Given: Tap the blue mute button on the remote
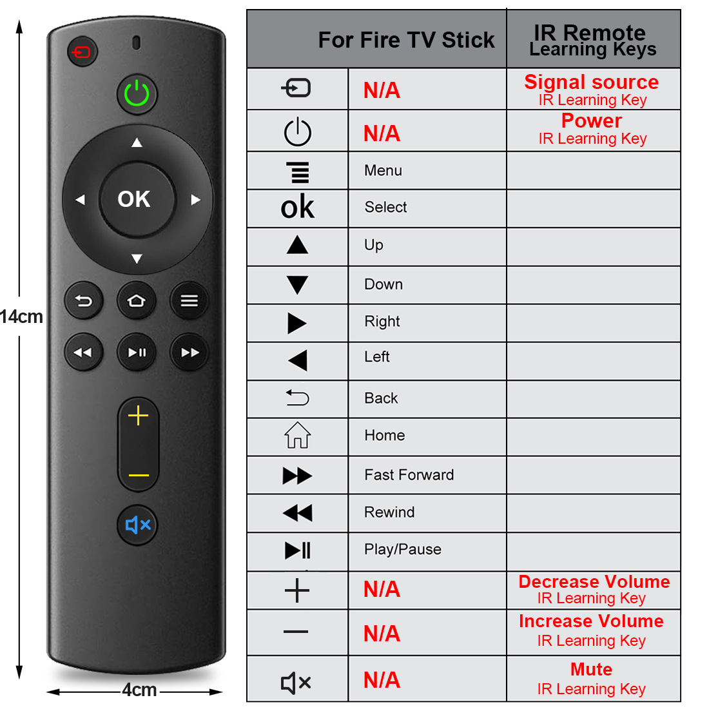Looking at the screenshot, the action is click(137, 525).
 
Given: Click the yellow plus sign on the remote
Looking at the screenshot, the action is click(139, 416).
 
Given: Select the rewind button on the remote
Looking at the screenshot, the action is click(83, 352).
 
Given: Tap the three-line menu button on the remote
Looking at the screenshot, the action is click(189, 301).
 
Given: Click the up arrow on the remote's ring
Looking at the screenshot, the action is click(137, 143).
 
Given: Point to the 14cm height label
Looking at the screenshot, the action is click(22, 316).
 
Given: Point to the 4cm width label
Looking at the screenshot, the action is click(139, 690).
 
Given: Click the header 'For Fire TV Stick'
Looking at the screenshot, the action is click(406, 40).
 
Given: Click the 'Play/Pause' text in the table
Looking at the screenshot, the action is click(402, 549).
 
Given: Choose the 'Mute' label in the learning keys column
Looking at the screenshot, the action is click(591, 669).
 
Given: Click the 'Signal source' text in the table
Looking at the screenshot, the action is click(591, 83).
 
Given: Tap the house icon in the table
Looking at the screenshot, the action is click(298, 435).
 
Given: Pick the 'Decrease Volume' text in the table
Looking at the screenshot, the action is click(594, 581).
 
